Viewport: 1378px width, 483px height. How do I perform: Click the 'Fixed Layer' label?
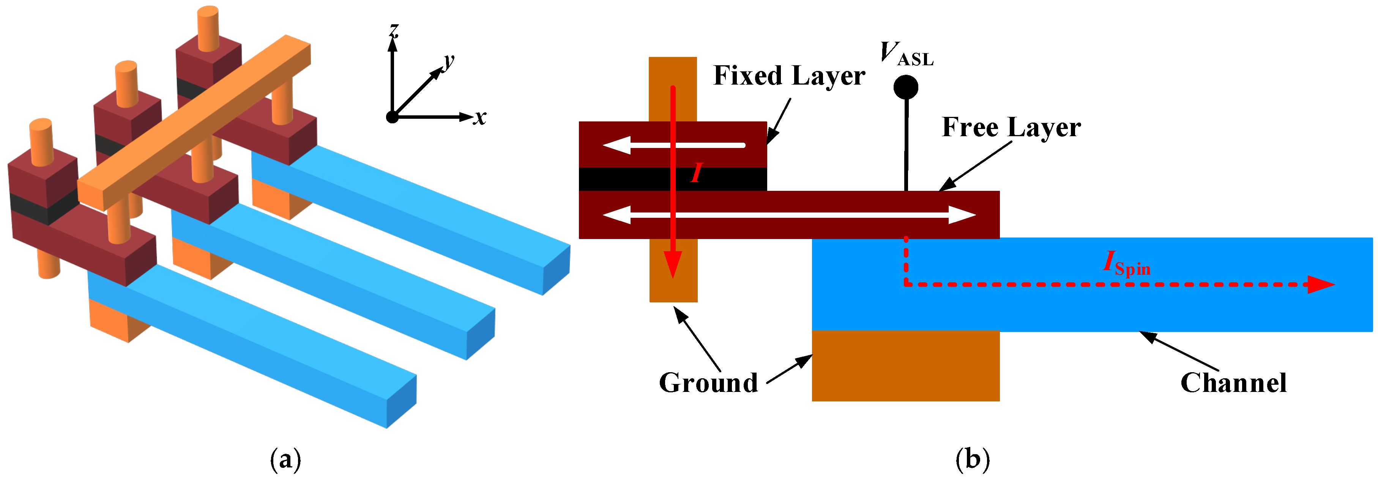pos(789,76)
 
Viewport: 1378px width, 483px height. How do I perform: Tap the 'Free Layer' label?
pos(1011,128)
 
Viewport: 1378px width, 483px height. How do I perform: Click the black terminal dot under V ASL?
pos(906,87)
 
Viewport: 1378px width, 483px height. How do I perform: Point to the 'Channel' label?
pos(1233,383)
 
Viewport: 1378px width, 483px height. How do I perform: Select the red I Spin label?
pos(1126,264)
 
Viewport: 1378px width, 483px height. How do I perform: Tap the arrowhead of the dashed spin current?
pos(1321,285)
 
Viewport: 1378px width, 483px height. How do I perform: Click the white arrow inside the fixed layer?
pos(674,145)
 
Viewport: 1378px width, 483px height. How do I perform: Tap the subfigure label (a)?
pos(285,459)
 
